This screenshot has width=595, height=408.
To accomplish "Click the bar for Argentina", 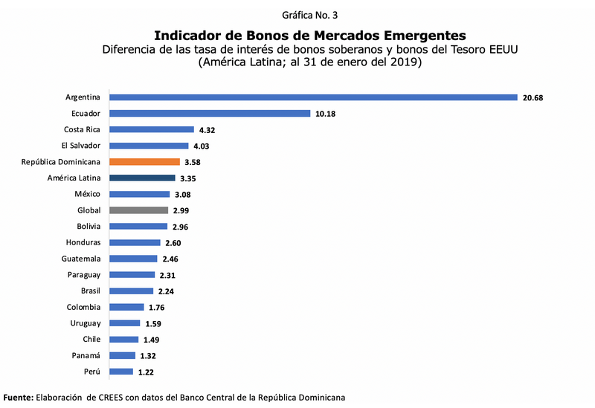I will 312,97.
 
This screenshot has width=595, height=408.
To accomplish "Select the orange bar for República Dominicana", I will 144,162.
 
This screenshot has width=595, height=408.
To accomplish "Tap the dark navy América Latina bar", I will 142,178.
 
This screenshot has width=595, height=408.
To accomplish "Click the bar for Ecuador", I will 209,114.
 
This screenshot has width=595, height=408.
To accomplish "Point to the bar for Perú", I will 120,372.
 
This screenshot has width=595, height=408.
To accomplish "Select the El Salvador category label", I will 83,146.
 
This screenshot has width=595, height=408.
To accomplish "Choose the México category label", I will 87,194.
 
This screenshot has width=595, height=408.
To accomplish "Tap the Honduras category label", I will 82,242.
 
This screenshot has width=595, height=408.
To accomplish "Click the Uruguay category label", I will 84,323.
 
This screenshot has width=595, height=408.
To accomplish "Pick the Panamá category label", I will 85,355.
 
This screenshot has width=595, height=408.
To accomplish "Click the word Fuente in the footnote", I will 19,398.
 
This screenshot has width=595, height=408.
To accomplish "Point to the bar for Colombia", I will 126,307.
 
